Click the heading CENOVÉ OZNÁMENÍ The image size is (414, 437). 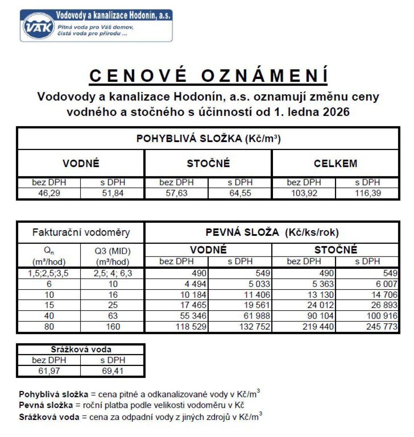click(208, 76)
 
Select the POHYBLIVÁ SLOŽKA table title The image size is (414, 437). click(208, 139)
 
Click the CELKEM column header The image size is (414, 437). click(335, 163)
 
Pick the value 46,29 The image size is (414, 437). click(49, 193)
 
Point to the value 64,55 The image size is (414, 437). click(240, 193)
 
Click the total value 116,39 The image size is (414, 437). click(367, 193)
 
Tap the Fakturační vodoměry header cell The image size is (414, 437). click(81, 232)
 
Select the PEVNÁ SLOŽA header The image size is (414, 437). click(272, 232)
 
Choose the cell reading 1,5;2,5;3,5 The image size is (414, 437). click(49, 273)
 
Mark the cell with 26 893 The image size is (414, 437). click(384, 305)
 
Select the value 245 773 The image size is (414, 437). click(382, 326)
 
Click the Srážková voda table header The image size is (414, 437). click(81, 350)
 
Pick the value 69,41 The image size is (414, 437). click(113, 371)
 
